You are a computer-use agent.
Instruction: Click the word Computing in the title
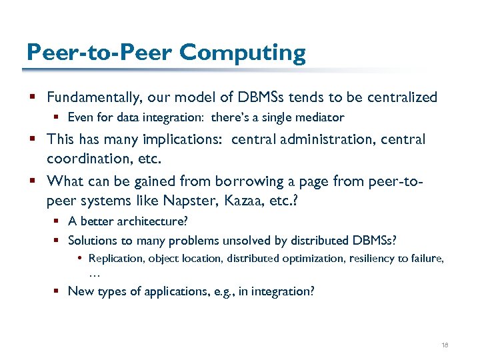(x=243, y=53)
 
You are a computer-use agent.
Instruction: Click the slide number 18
(x=445, y=345)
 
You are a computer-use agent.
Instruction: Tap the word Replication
(x=116, y=258)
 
